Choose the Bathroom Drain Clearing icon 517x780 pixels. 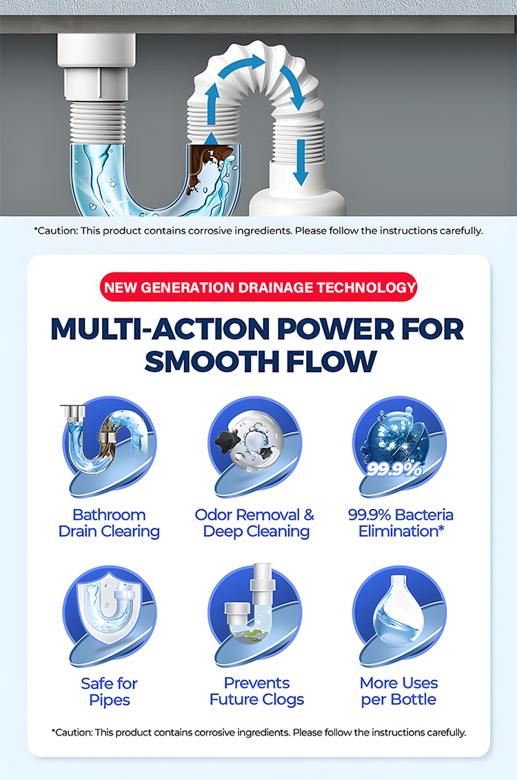coord(109,444)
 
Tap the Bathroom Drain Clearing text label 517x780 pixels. coord(109,523)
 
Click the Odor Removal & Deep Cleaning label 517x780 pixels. coord(255,523)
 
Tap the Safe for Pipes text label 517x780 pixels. coord(109,691)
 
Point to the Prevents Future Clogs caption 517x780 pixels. coord(256,691)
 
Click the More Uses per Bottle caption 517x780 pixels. coord(399,691)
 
